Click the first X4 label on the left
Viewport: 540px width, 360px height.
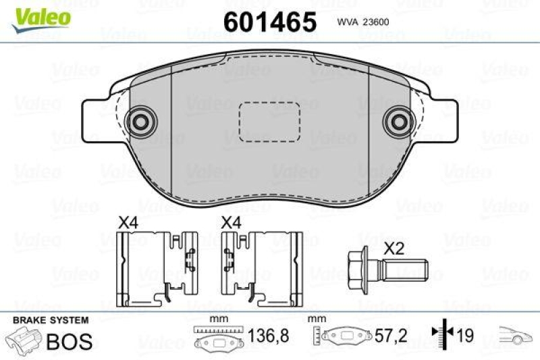128,222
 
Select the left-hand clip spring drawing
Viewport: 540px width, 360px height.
157,267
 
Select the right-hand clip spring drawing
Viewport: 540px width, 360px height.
261,267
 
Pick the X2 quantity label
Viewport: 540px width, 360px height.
394,248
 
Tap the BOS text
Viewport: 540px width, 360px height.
69,341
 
